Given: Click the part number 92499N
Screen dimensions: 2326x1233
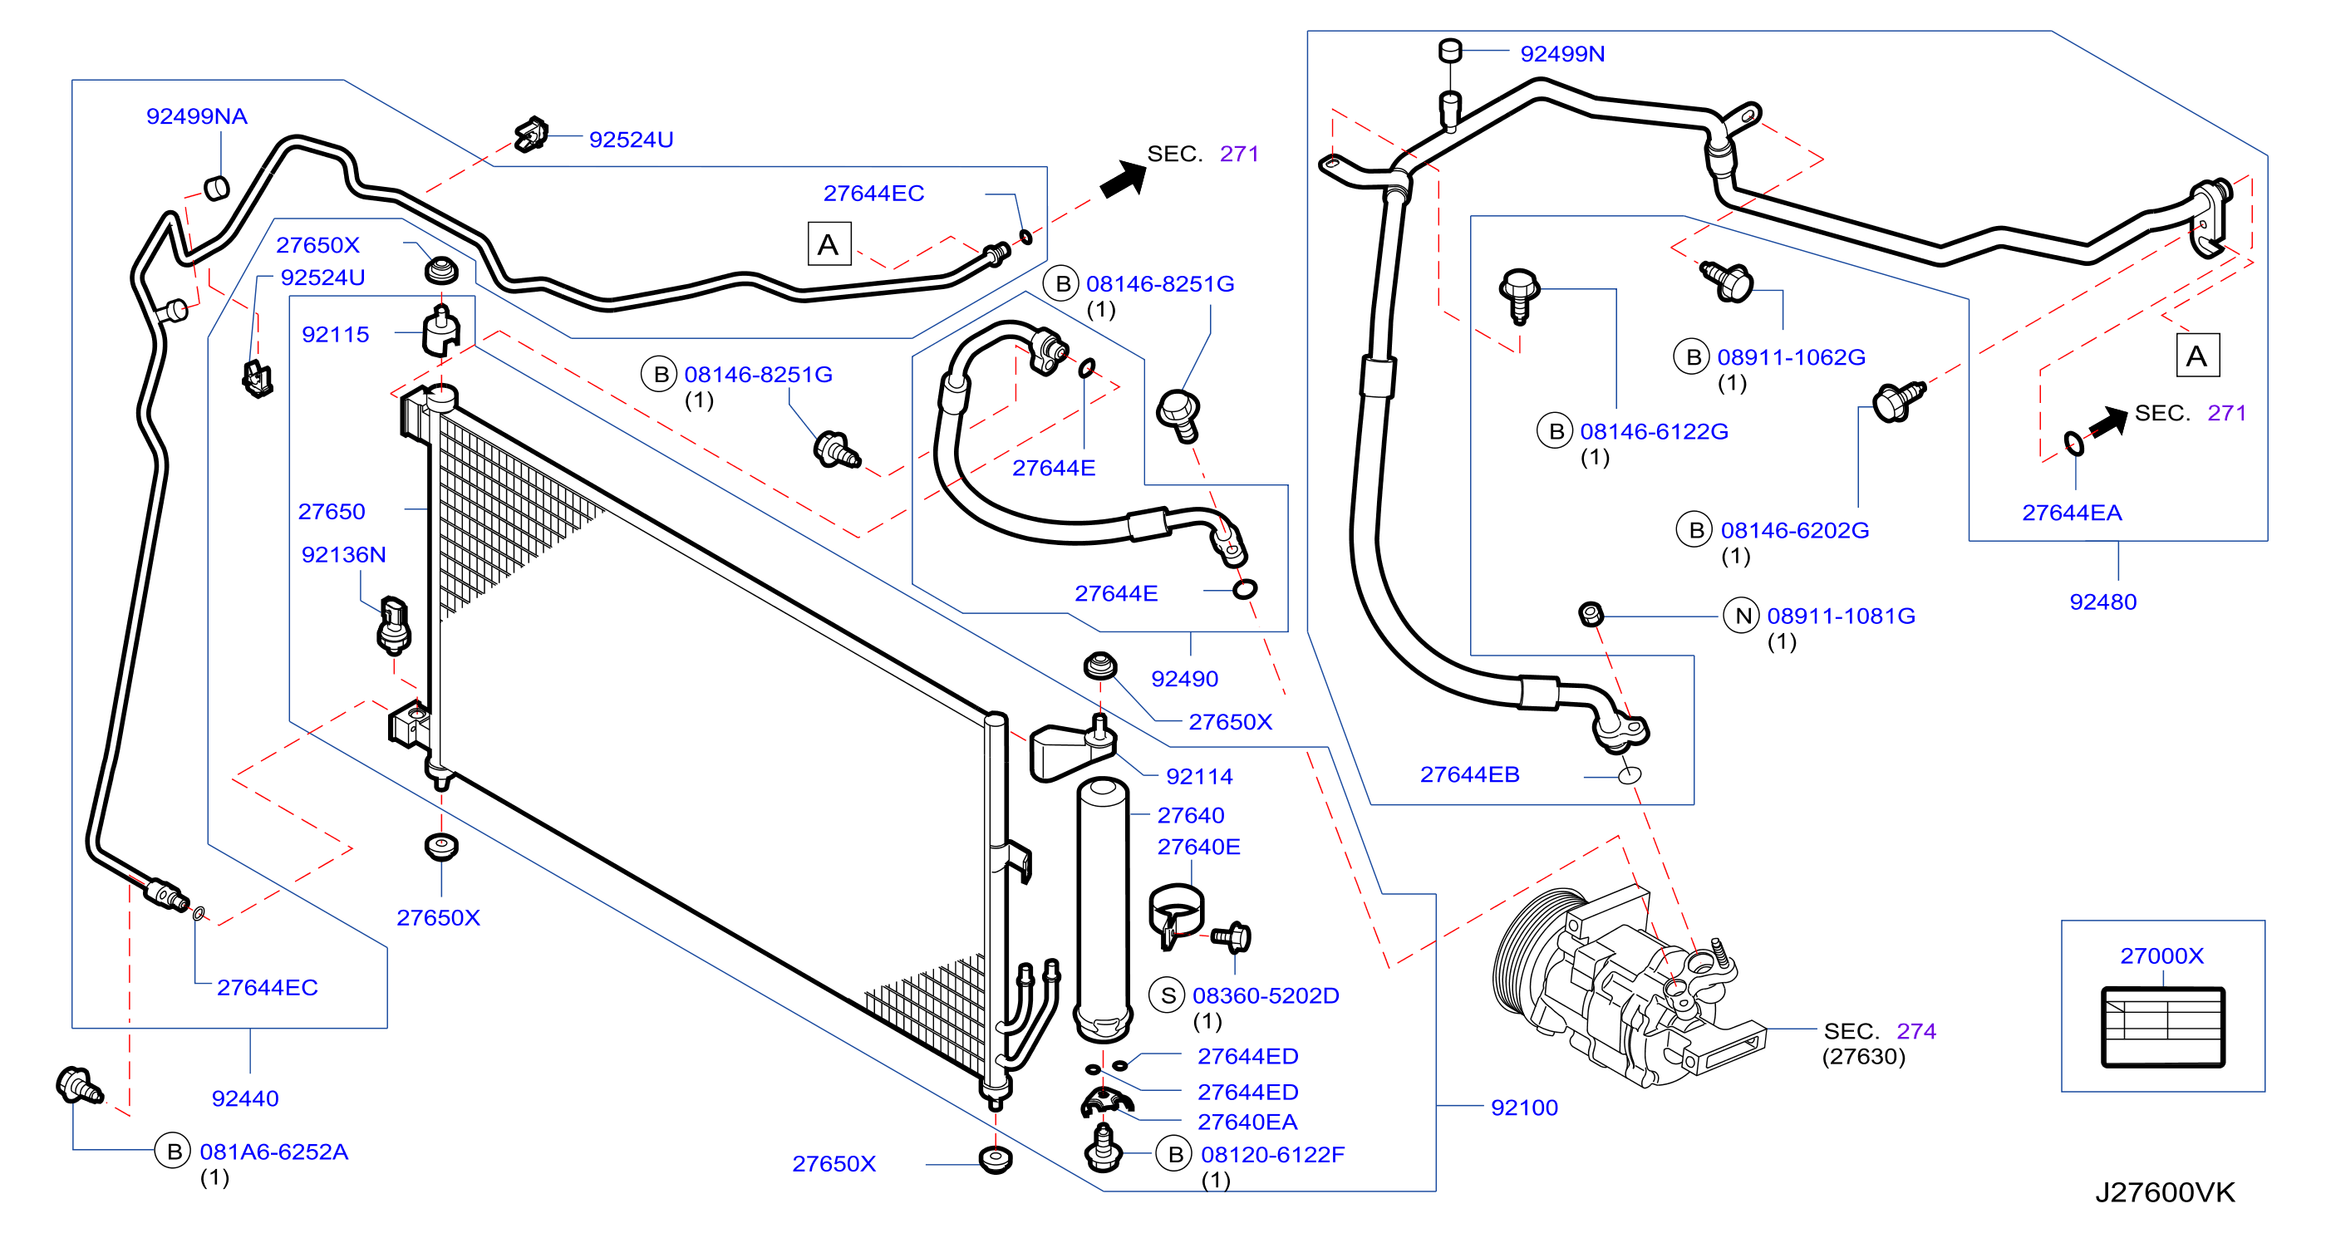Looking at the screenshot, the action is click(1562, 54).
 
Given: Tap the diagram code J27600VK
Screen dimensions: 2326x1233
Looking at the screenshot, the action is click(2165, 1192).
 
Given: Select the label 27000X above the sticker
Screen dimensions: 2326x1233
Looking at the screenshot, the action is click(2161, 955).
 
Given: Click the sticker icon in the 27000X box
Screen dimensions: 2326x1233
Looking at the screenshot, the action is click(2162, 1027).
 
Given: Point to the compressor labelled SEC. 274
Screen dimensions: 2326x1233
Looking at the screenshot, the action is click(1625, 989).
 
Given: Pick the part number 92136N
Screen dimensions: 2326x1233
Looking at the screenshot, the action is click(343, 554).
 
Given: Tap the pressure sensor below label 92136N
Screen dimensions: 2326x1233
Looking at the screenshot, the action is click(394, 625).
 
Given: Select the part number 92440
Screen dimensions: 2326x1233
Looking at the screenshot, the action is click(244, 1098).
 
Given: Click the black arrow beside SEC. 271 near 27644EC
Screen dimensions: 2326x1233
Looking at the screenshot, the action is click(1124, 179).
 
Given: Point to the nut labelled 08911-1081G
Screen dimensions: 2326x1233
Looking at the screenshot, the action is click(1591, 615).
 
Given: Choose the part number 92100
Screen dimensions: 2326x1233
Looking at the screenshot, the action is click(1524, 1108).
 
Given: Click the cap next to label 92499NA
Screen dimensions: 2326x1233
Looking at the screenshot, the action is click(218, 189).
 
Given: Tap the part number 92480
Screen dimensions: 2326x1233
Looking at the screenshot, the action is click(2103, 602).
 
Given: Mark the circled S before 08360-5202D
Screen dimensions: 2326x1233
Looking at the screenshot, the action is click(1168, 995).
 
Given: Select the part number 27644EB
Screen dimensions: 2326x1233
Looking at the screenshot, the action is click(1469, 774).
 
